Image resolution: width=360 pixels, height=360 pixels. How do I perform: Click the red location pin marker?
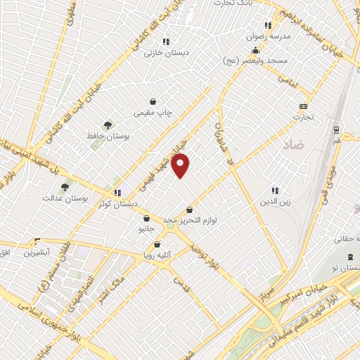tap(181, 165)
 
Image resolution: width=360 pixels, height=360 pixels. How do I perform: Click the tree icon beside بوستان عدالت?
tap(65, 187)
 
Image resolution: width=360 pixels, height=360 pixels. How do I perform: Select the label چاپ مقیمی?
tap(153, 112)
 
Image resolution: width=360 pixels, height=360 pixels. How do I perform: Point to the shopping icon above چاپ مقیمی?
tap(153, 101)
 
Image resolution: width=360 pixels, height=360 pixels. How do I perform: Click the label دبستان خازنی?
tap(162, 53)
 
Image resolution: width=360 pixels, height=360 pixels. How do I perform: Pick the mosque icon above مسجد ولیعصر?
tap(255, 51)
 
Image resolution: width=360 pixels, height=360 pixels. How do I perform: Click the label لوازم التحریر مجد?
tap(191, 220)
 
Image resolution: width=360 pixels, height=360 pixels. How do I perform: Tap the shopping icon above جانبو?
tap(146, 218)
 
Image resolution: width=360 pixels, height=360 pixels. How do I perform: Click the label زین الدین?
tap(275, 201)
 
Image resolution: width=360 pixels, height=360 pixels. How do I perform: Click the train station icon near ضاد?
tap(335, 129)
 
